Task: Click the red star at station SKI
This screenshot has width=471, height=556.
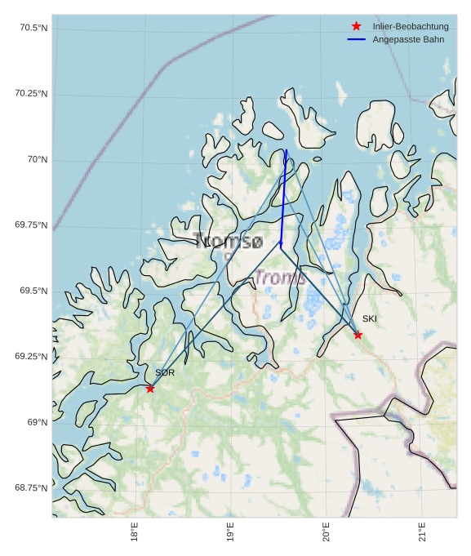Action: [x=358, y=335]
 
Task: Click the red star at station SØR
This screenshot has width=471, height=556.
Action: [x=150, y=389]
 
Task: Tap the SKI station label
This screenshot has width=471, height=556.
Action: [x=370, y=318]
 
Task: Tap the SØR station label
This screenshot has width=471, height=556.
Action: [x=165, y=372]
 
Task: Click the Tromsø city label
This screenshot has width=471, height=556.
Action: [x=229, y=241]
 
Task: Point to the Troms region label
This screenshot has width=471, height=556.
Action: [x=280, y=278]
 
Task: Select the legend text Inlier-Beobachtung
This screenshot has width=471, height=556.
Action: [x=411, y=26]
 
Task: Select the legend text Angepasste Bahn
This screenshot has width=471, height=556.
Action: [x=408, y=39]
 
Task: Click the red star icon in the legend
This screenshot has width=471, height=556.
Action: [x=356, y=26]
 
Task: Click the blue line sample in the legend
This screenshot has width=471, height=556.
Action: [x=356, y=39]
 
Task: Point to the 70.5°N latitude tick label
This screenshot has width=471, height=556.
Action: [x=33, y=28]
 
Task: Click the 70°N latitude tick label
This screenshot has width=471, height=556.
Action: [x=38, y=159]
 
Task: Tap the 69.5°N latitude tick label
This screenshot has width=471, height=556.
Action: [x=33, y=291]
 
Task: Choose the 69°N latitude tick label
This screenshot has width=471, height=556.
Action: [x=38, y=422]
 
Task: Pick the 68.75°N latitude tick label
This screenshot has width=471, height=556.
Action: [x=31, y=487]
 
